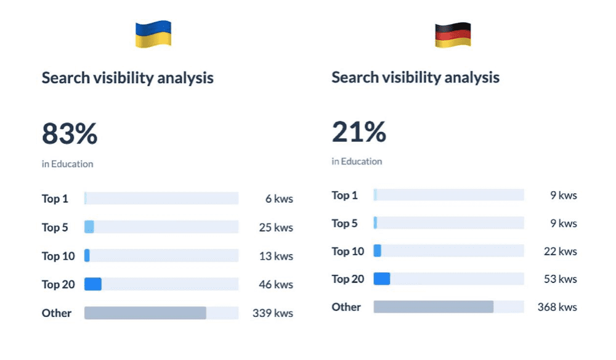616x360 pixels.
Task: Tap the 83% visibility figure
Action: [x=70, y=134]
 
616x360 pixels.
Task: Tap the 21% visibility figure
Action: [x=359, y=132]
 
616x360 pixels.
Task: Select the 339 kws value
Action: [x=272, y=313]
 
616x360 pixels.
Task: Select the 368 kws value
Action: [x=557, y=307]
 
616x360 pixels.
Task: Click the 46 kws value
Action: [x=275, y=285]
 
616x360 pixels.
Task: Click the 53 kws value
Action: [x=560, y=279]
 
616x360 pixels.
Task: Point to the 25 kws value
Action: [x=275, y=227]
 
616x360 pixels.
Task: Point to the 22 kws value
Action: [x=560, y=252]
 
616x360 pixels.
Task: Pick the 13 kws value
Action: [x=275, y=256]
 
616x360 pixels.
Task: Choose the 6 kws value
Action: [x=279, y=199]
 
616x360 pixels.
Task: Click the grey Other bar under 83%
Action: [x=145, y=313]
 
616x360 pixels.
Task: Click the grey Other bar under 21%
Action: [x=433, y=307]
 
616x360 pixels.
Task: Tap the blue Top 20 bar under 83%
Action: [x=93, y=284]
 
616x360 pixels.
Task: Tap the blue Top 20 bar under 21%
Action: [x=382, y=279]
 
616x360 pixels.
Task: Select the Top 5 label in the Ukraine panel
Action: [x=55, y=227]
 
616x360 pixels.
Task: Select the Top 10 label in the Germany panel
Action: [x=348, y=252]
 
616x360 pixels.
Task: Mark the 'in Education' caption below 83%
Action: [x=68, y=164]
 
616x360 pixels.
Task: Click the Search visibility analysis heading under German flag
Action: [x=415, y=78]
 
